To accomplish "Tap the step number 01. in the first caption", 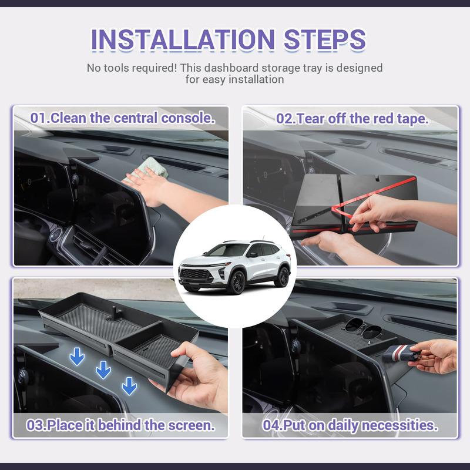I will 40,117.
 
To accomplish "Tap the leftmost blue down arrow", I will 77,356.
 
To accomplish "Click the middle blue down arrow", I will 103,370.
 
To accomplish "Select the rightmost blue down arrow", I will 129,385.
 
